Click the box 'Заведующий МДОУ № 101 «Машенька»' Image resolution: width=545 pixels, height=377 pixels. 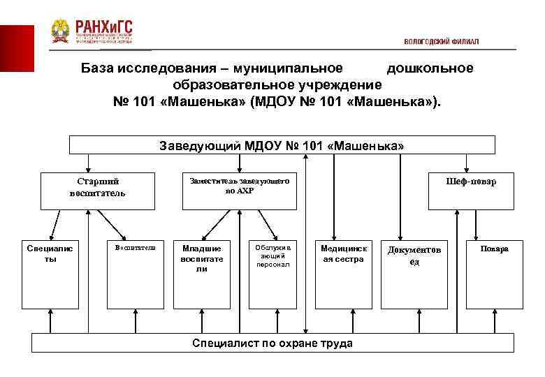click(282, 145)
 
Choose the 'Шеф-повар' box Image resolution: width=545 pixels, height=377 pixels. click(471, 191)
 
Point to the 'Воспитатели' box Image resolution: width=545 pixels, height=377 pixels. click(134, 273)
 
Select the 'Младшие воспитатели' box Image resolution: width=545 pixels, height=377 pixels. click(202, 273)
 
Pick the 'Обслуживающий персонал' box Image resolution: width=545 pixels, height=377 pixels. click(272, 273)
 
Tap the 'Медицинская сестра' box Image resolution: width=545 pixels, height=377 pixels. click(342, 273)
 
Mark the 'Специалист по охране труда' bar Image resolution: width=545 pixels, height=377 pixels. click(272, 343)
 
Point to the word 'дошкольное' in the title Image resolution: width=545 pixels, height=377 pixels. click(430, 68)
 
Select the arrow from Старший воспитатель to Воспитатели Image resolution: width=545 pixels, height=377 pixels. click(112, 225)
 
